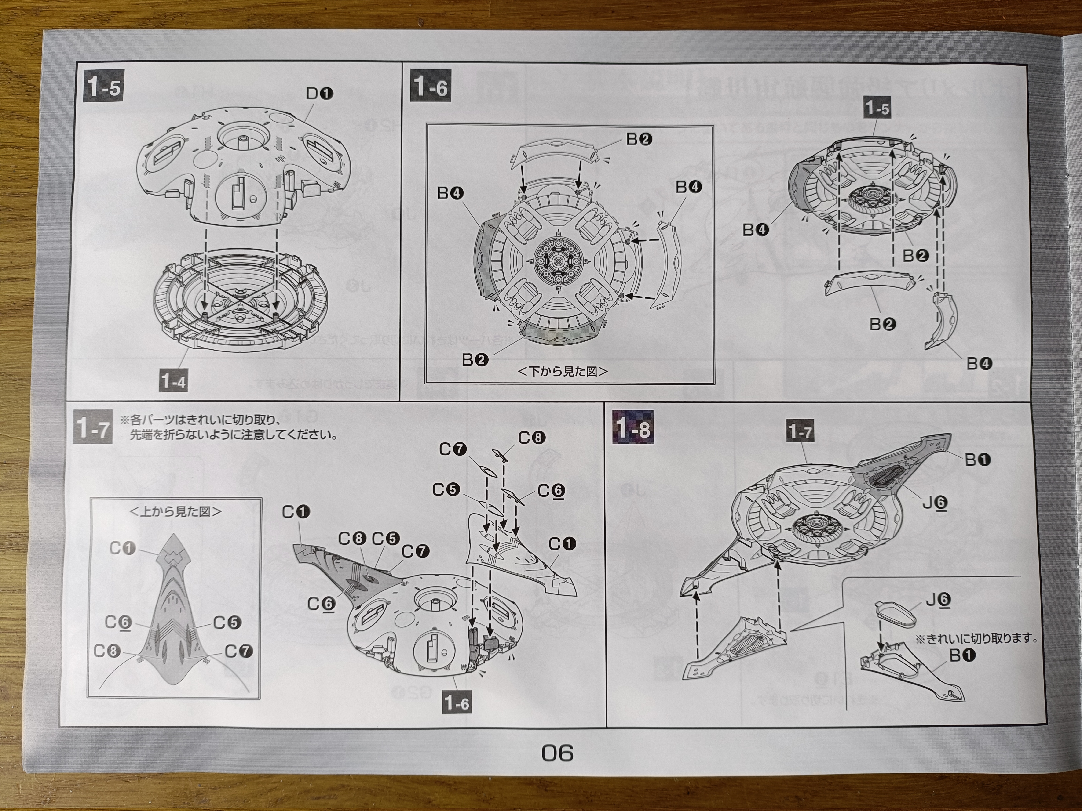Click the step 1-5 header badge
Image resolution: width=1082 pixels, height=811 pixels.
tap(103, 87)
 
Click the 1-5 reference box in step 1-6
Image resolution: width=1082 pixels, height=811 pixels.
tap(877, 108)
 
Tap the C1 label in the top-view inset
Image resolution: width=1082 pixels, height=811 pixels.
tap(122, 548)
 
